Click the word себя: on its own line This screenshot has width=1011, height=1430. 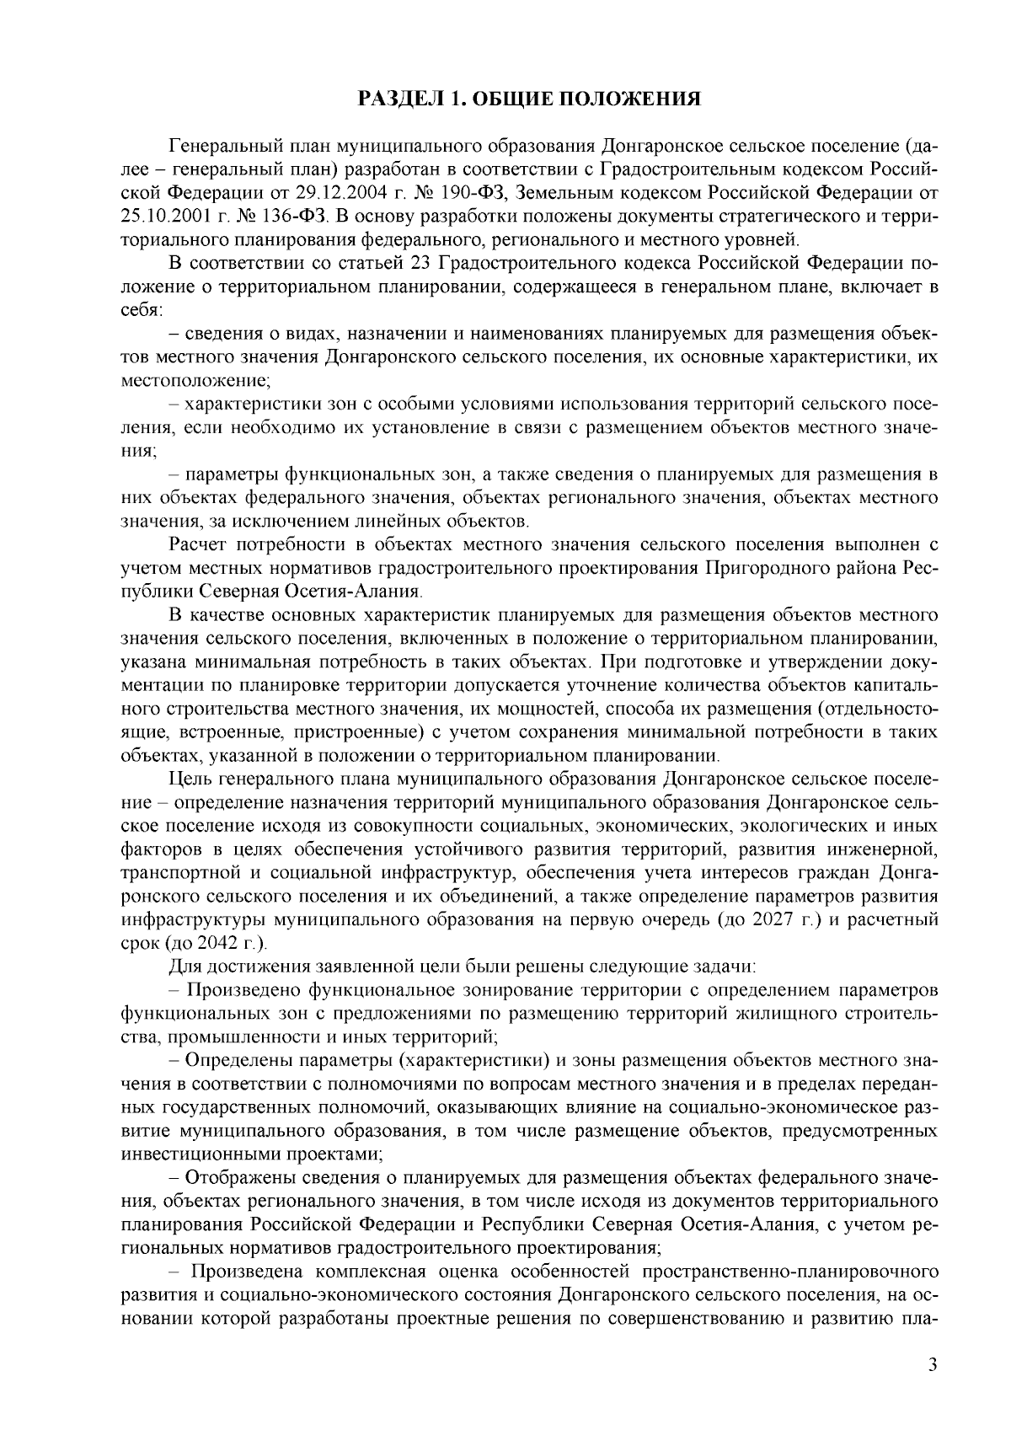142,310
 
